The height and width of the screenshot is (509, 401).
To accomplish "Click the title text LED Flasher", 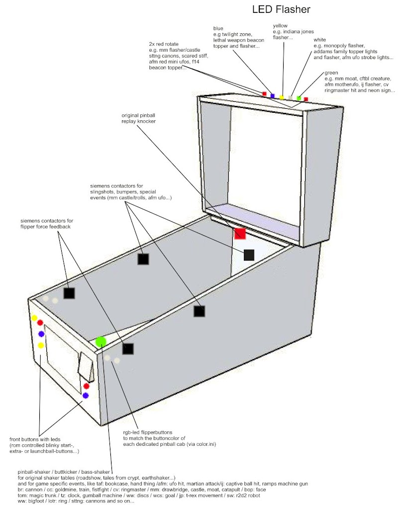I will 281,9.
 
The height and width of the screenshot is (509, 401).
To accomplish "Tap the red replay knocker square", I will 240,234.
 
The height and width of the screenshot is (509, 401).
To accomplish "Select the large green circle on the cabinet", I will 101,341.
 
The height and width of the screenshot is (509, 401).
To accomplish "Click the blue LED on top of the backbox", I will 272,95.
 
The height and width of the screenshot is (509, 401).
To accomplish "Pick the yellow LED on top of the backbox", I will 282,97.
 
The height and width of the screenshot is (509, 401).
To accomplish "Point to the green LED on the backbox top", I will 299,98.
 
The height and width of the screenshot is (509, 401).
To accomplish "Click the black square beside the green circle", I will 128,349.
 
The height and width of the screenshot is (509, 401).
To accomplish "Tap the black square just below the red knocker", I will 249,255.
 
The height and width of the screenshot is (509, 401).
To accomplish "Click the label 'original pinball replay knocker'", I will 140,119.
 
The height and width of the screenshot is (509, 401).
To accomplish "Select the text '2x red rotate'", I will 165,44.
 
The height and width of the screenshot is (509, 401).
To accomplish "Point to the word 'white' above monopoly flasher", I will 321,39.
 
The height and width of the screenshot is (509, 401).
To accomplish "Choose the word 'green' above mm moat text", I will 331,73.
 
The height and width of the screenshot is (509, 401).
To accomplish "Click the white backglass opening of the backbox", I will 266,159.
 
